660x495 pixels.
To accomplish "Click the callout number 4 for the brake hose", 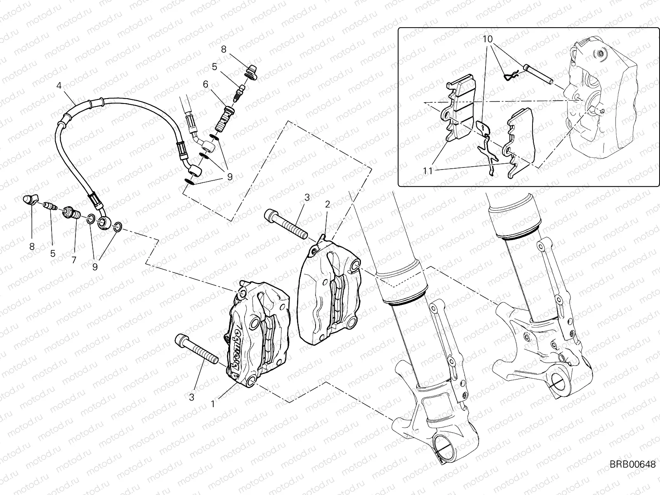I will coord(59,86).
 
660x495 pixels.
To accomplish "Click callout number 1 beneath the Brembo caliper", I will coord(212,404).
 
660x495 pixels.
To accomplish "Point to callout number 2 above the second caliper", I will coord(327,204).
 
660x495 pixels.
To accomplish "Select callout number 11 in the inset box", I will coord(427,170).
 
